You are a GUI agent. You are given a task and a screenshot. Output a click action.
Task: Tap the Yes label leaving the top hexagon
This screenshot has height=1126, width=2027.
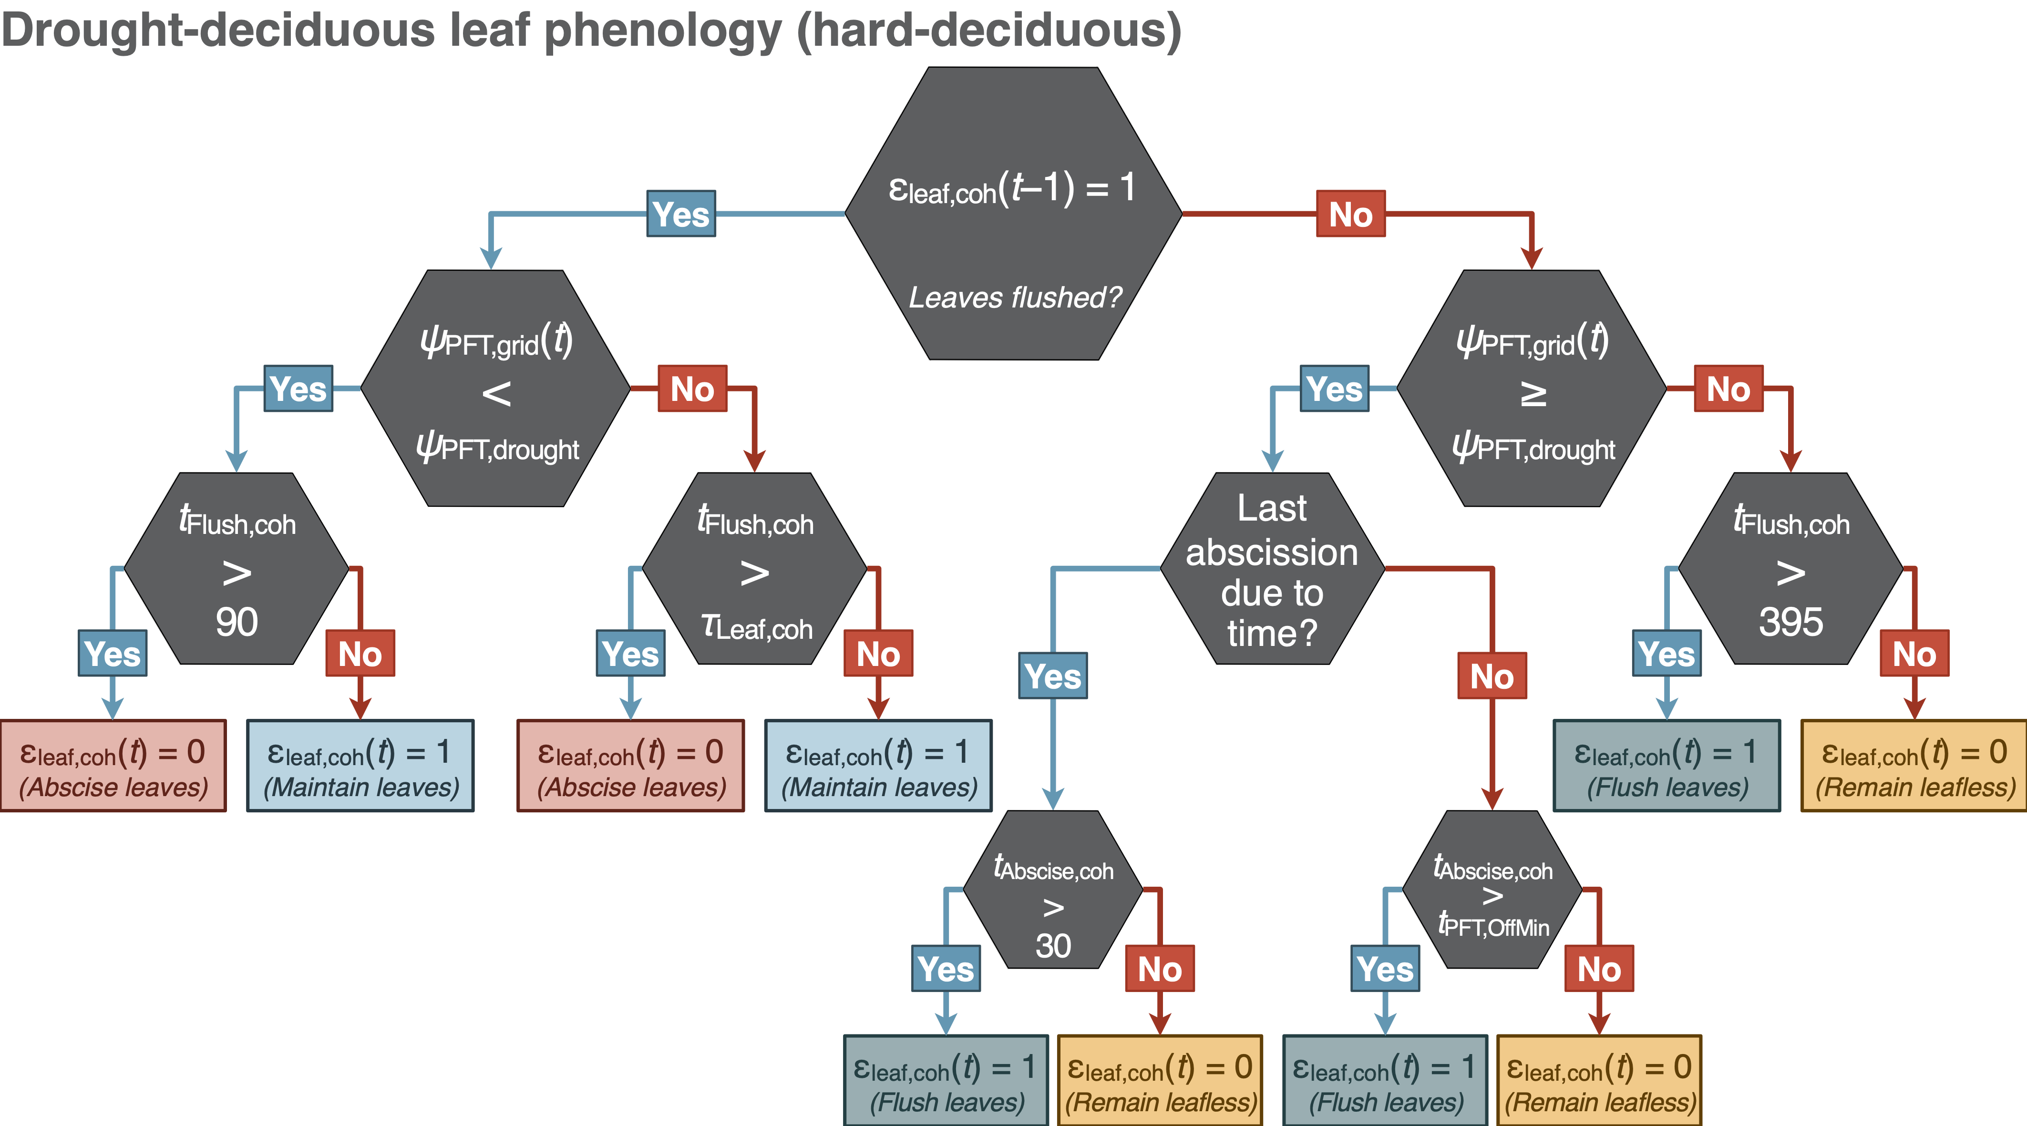pyautogui.click(x=680, y=214)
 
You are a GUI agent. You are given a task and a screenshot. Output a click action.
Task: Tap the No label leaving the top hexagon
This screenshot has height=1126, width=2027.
pyautogui.click(x=1350, y=214)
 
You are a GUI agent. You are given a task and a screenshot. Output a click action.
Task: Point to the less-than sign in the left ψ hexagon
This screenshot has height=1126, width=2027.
pyautogui.click(x=496, y=393)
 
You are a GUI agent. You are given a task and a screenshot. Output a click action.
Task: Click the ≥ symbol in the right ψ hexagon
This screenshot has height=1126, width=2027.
pyautogui.click(x=1532, y=393)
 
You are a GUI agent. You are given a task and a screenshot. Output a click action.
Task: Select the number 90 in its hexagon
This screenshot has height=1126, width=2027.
pyautogui.click(x=237, y=622)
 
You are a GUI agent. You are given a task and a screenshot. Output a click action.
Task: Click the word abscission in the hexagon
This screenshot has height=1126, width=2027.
pyautogui.click(x=1272, y=553)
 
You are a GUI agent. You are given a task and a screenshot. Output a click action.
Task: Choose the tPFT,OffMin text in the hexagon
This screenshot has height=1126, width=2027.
pyautogui.click(x=1492, y=925)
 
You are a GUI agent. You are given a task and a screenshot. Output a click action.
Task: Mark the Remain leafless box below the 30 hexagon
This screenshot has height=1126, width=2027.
pyautogui.click(x=1160, y=1080)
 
